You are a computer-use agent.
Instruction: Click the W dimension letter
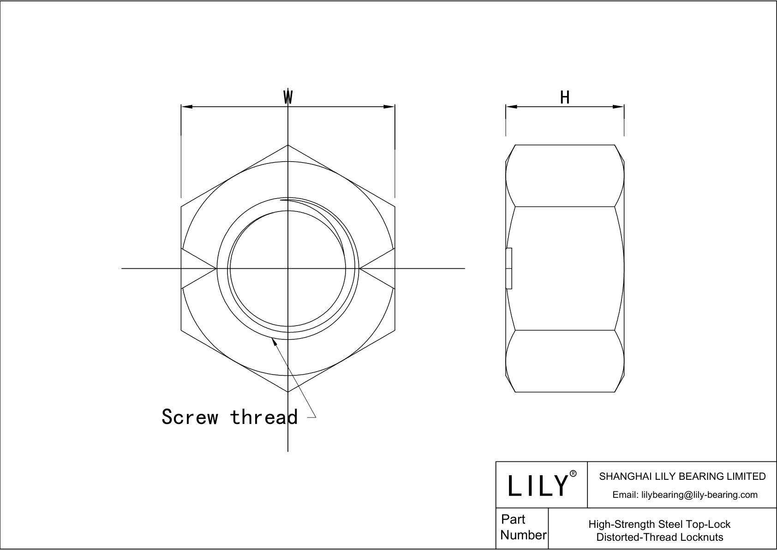288,97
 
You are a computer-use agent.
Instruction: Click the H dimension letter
565,97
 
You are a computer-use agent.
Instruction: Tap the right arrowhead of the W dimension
389,107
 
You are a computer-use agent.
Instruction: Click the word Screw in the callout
190,417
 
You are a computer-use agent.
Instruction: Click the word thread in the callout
264,417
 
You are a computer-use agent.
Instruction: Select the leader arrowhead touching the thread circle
274,342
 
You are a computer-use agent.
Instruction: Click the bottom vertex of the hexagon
288,392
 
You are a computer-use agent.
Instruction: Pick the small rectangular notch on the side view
509,268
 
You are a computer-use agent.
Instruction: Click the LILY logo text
538,485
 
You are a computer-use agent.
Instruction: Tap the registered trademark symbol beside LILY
574,474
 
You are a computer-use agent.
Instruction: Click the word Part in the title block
513,520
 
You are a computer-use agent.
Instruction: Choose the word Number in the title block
523,535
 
